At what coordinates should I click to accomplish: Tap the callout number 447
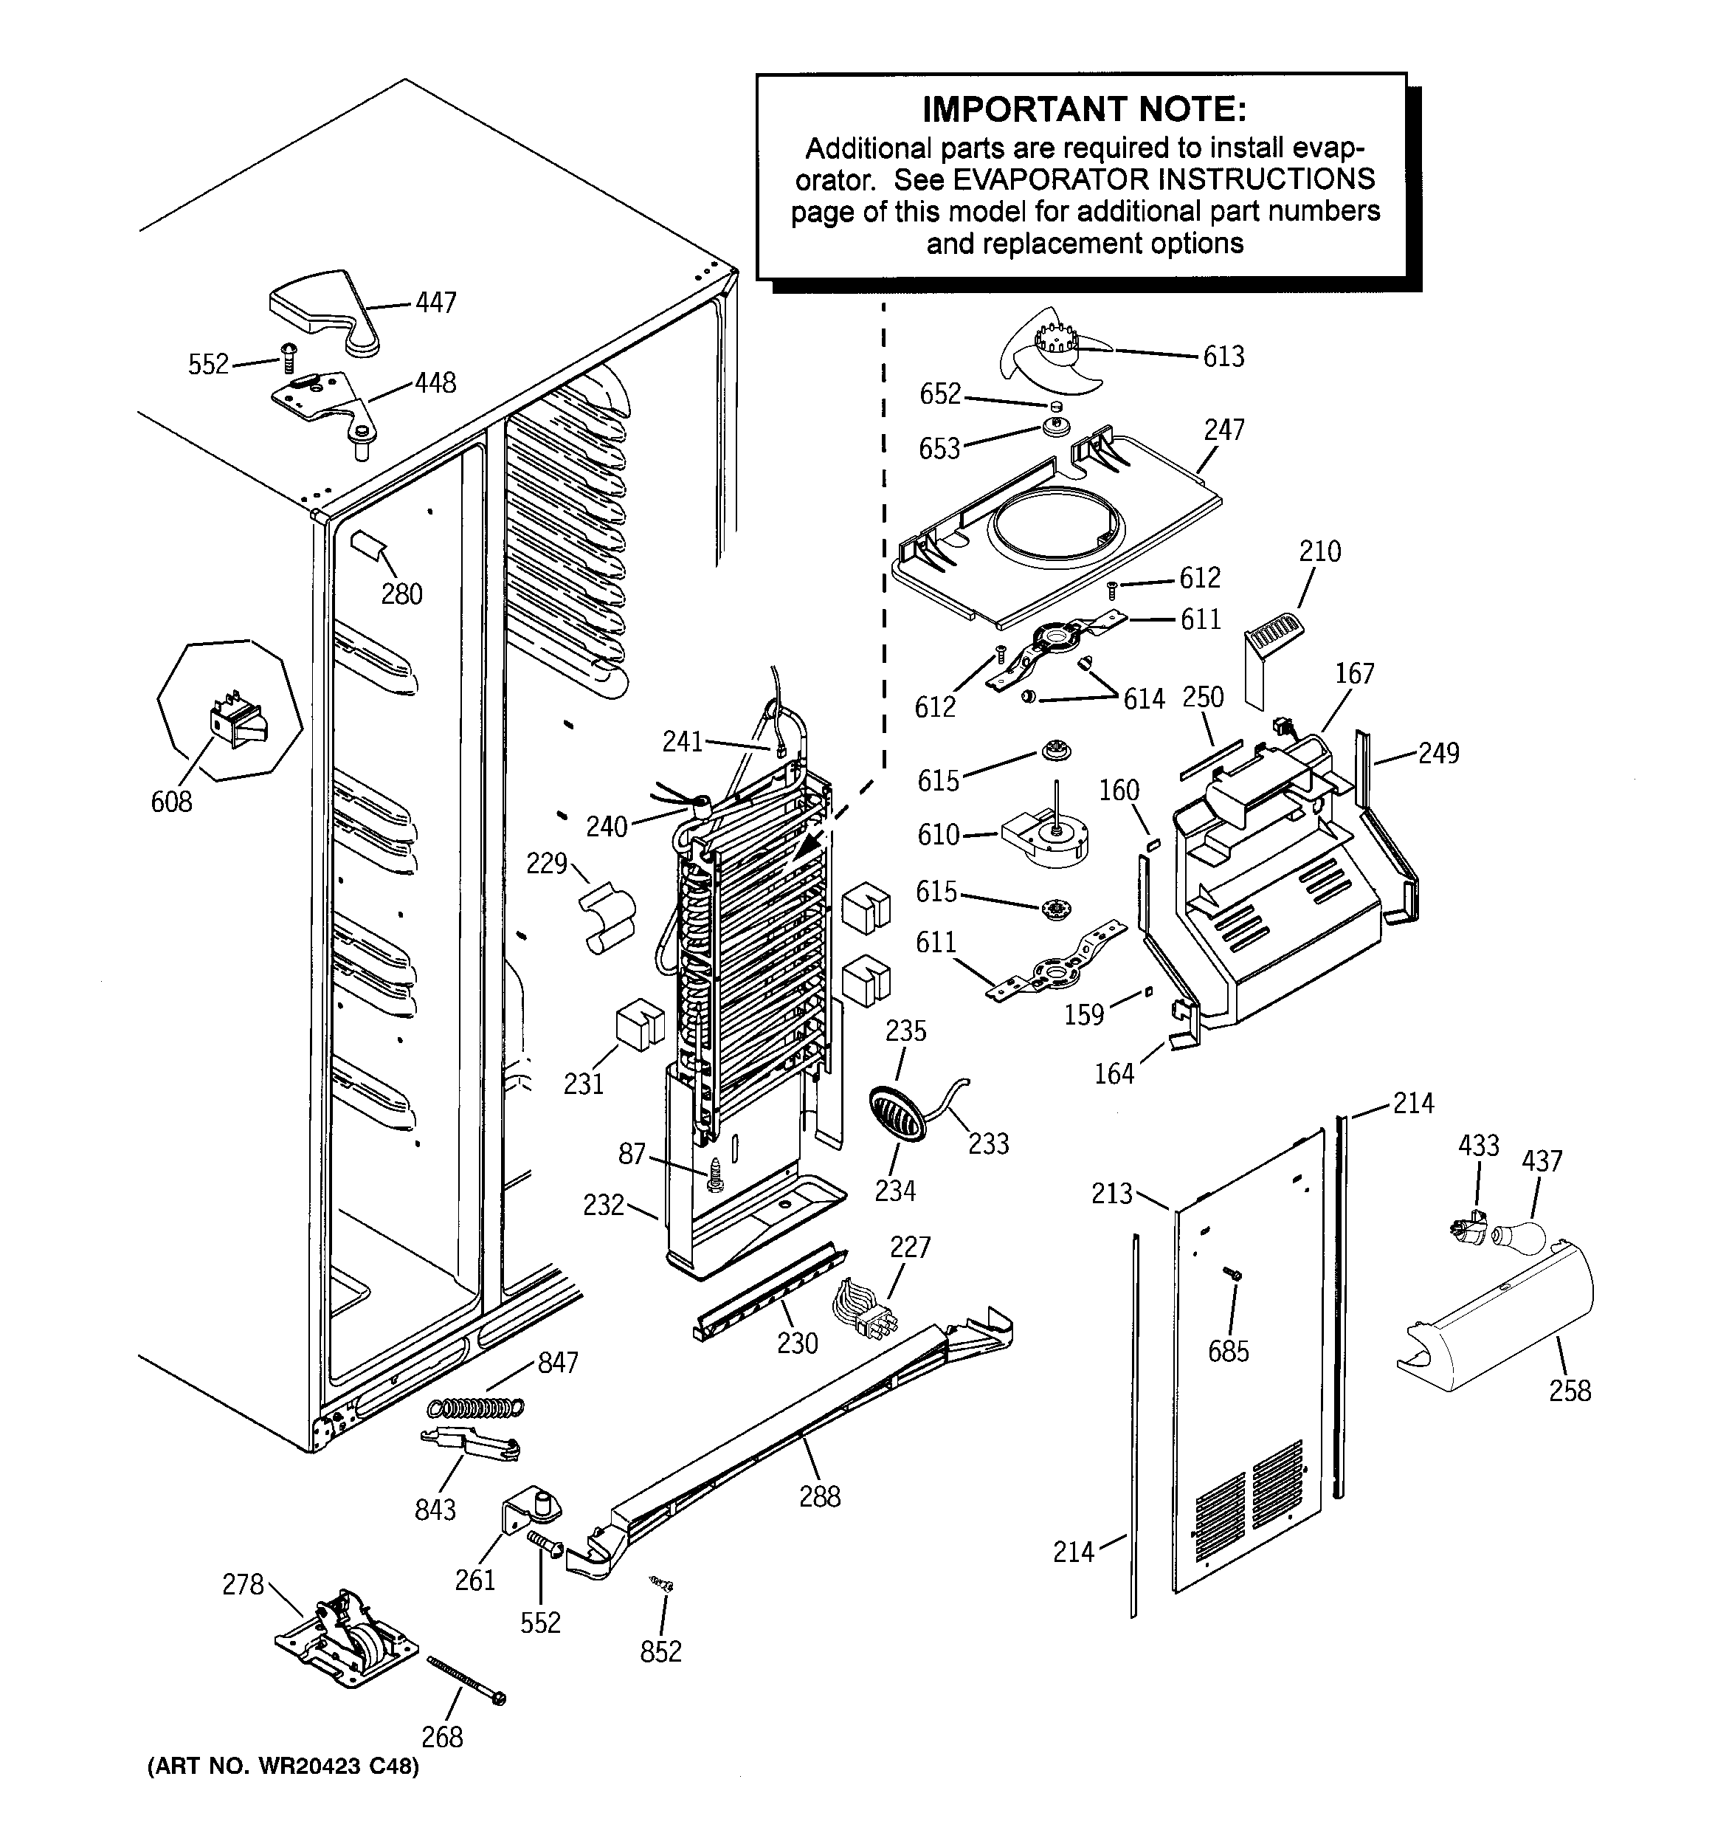(x=435, y=303)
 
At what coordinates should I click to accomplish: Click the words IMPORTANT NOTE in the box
(x=1084, y=109)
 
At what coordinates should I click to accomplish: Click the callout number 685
(x=1229, y=1351)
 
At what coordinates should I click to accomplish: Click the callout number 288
(x=819, y=1497)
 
